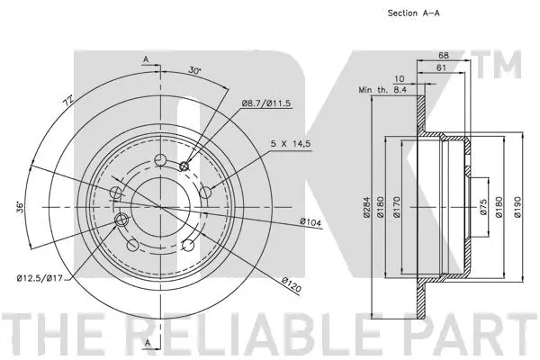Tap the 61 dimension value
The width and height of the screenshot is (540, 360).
440,68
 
